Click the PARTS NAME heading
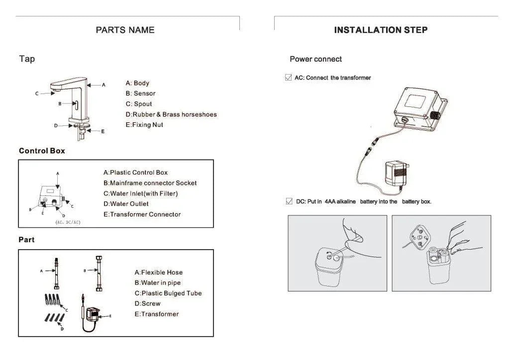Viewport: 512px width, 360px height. click(125, 30)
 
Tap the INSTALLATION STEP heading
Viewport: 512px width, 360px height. click(381, 30)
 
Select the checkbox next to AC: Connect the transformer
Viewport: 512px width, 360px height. click(289, 78)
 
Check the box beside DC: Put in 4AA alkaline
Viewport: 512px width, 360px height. click(289, 201)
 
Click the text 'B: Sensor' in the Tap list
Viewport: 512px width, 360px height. click(140, 93)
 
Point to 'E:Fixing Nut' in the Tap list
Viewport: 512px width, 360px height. click(144, 125)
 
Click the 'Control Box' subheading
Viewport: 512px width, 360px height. click(42, 151)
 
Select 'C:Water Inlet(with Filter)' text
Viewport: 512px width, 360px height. click(140, 193)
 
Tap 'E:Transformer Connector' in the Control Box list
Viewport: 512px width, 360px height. click(142, 214)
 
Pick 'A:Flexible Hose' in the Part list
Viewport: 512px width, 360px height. click(158, 272)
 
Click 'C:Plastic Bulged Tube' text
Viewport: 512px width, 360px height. click(168, 293)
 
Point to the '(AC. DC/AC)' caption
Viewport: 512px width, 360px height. click(68, 222)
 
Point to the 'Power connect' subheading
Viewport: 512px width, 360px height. click(315, 59)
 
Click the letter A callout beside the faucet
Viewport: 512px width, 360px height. click(103, 85)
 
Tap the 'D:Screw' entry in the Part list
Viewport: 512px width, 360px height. click(147, 304)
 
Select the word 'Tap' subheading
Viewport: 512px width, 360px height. click(27, 59)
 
